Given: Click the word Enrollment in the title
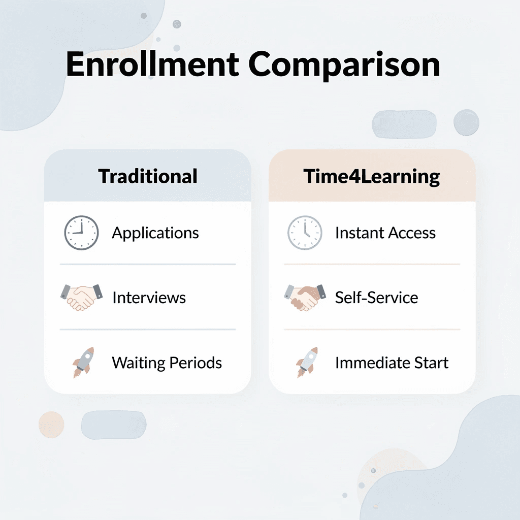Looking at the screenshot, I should pos(152,65).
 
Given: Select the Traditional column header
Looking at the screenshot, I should pos(147,176).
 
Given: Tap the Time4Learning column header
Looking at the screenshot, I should pos(372,176).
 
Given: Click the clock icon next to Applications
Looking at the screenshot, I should pos(81,233).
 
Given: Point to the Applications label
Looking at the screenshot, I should pos(155,233).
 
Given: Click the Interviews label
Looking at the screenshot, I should pos(149,297).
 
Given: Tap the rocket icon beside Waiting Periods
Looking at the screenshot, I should pos(83,362).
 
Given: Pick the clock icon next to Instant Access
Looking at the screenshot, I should pos(305,233).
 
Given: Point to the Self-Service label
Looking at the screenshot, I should pos(376,297).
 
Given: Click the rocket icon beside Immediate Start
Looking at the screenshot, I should pos(307,362).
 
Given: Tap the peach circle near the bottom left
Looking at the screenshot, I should pos(51,424).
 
